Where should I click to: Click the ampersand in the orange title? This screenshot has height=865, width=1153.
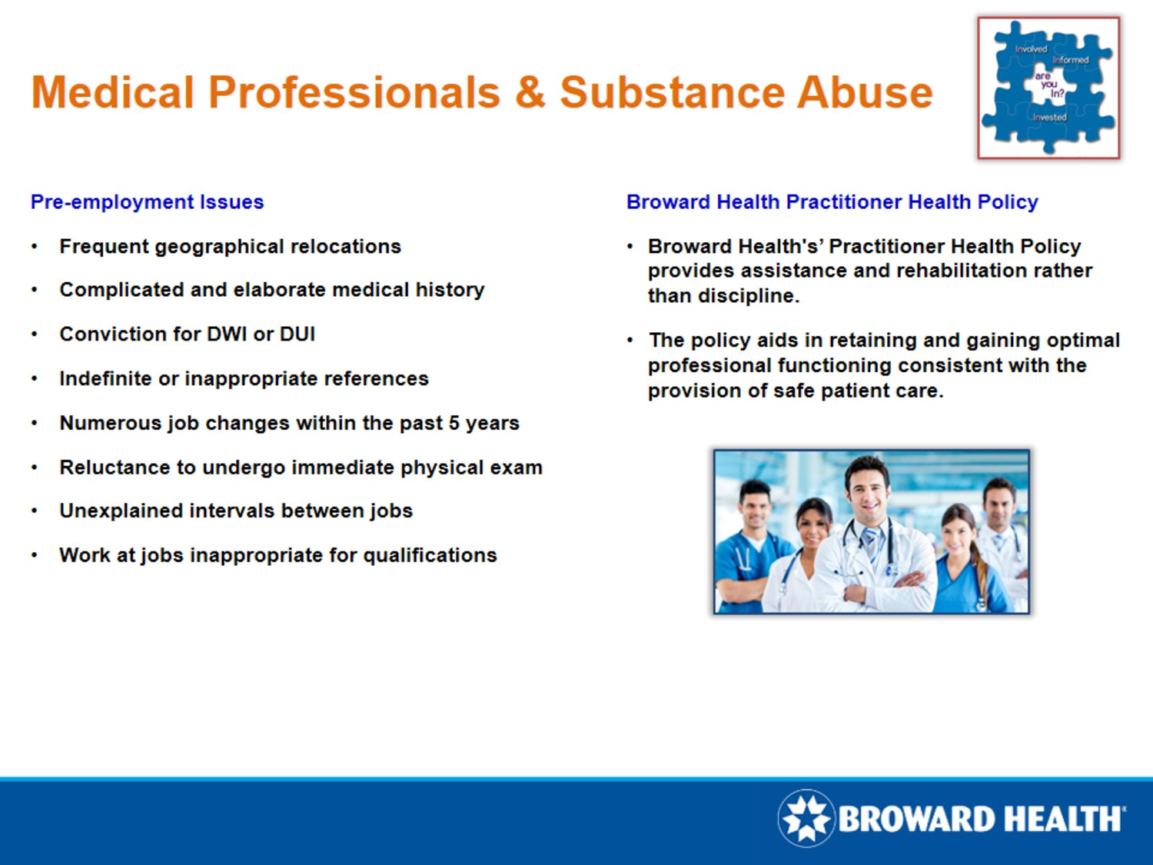click(x=530, y=93)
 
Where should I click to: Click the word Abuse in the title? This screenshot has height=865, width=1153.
click(x=864, y=93)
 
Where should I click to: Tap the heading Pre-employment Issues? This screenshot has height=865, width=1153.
click(x=147, y=202)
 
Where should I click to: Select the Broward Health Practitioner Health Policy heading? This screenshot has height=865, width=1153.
click(x=832, y=202)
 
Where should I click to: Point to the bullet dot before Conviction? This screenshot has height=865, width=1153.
click(x=35, y=334)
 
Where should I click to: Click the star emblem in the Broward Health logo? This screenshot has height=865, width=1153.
click(x=806, y=818)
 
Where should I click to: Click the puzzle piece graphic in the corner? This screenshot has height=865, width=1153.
click(x=1048, y=88)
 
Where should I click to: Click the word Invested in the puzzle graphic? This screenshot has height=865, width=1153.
click(x=1049, y=118)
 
